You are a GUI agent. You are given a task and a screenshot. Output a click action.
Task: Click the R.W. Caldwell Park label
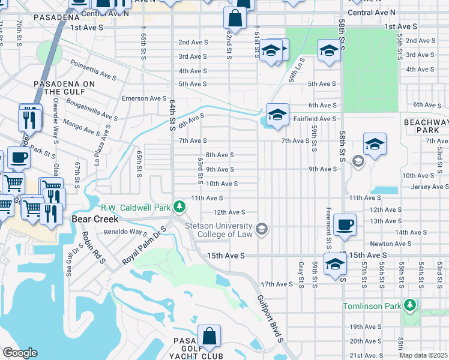[136, 208]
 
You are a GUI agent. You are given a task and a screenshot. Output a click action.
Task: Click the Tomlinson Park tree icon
[410, 306]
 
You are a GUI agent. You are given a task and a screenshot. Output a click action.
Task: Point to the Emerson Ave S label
[144, 98]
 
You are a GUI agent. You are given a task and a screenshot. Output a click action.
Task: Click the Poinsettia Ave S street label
[93, 70]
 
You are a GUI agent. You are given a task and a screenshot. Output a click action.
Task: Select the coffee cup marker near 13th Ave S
[345, 225]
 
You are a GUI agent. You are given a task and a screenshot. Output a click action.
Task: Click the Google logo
[20, 353]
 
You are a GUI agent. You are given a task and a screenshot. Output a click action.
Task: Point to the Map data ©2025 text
[424, 355]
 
